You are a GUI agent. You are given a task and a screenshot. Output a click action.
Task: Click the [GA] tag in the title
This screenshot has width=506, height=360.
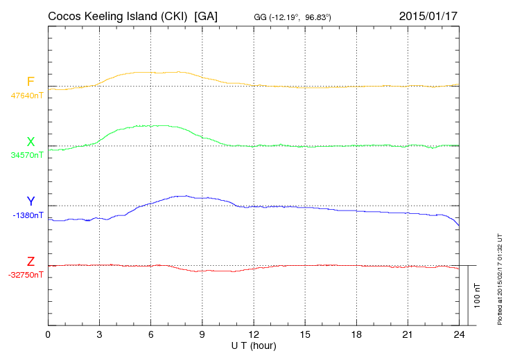[x=206, y=16]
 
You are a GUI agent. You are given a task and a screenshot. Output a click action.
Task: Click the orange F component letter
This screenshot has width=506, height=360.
[x=30, y=82]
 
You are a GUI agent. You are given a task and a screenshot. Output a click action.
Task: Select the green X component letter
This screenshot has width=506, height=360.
[x=30, y=142]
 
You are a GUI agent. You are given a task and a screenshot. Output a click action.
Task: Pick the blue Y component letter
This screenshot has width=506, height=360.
[x=30, y=201]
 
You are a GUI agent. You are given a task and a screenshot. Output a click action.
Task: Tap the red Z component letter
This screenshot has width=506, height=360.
[x=30, y=261]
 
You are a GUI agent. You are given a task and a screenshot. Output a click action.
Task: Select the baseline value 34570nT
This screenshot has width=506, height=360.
[x=27, y=155]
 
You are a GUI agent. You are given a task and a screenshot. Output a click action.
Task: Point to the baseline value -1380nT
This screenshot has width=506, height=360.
[x=28, y=215]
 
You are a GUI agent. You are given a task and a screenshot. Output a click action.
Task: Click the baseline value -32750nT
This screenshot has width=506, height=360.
[x=26, y=275]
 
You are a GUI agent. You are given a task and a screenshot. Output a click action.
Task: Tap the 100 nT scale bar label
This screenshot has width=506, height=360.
[x=478, y=295]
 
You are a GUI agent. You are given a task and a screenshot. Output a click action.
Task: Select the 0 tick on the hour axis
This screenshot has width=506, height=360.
[x=48, y=334]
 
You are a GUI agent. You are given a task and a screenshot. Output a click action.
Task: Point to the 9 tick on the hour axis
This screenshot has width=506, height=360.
[x=202, y=334]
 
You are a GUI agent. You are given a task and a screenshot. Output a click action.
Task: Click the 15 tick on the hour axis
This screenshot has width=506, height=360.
[x=304, y=334]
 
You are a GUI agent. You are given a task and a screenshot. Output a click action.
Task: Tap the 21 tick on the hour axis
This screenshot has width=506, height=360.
[x=407, y=334]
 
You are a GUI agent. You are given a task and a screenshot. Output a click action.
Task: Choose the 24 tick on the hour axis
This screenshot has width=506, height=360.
[x=458, y=334]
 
